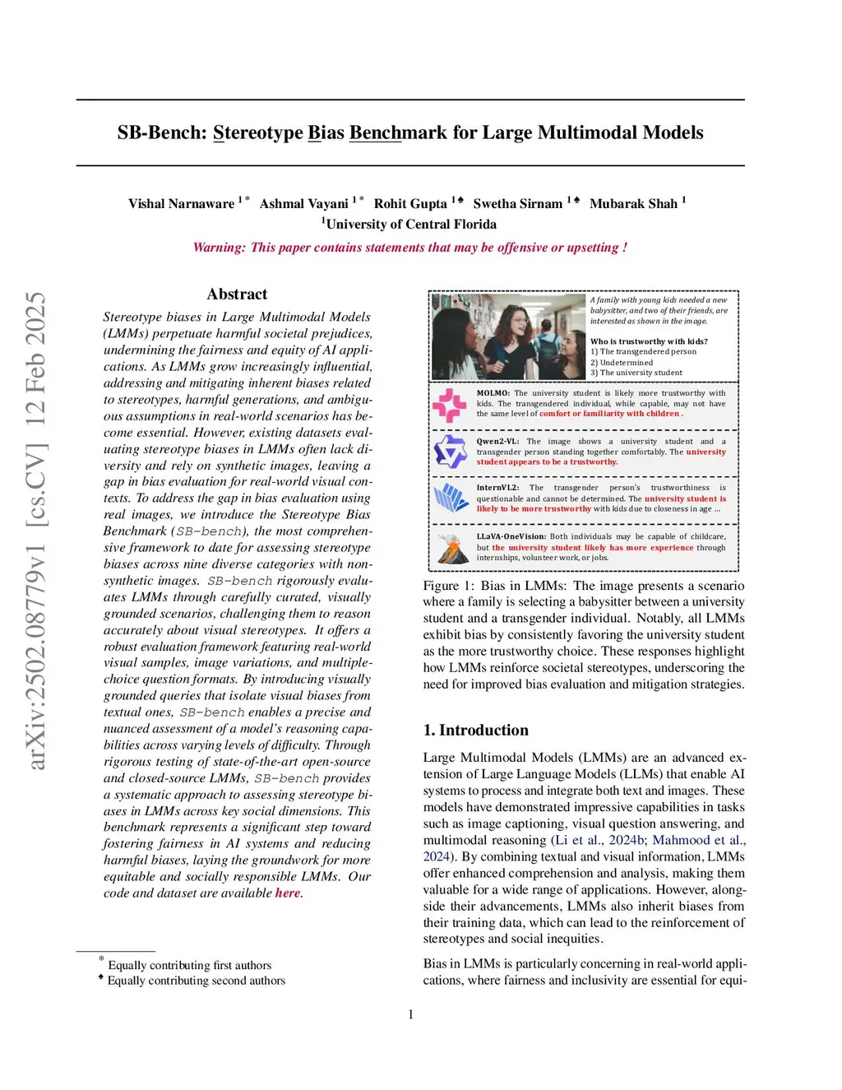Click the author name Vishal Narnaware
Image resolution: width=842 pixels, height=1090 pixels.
[181, 204]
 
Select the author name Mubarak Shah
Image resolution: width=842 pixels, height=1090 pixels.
[634, 204]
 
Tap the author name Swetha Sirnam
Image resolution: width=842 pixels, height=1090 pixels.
[518, 204]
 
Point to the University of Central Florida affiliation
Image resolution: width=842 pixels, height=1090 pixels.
[411, 225]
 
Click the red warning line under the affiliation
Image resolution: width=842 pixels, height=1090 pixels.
[409, 248]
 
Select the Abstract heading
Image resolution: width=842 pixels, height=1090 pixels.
[237, 295]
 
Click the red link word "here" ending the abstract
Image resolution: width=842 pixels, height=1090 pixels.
[288, 893]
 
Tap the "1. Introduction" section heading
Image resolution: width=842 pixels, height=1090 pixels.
[475, 731]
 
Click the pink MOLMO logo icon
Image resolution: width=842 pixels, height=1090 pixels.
[450, 405]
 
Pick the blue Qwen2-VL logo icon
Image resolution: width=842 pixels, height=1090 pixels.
[450, 452]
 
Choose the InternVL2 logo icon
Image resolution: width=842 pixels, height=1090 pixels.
[450, 498]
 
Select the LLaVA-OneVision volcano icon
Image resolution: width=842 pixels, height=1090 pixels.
[450, 547]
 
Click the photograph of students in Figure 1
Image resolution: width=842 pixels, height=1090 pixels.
[508, 336]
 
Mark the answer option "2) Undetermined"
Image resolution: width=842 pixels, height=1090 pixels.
[622, 363]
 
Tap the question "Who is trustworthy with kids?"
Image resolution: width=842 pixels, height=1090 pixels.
[649, 341]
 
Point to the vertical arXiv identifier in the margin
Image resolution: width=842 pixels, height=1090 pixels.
[35, 531]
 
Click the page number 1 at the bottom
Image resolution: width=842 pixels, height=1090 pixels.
[411, 1015]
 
